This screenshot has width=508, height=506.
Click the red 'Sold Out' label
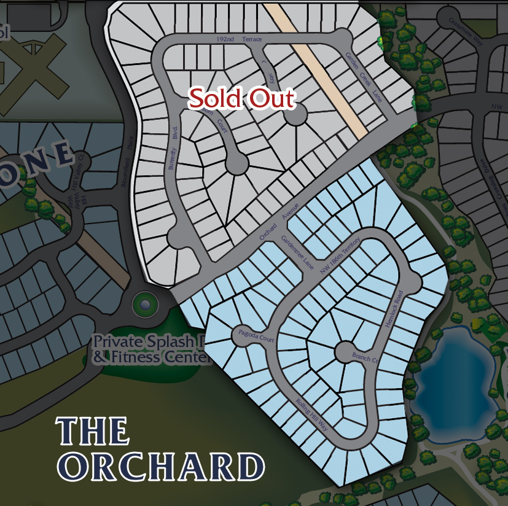pyautogui.click(x=241, y=98)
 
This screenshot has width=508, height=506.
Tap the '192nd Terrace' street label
pyautogui.click(x=240, y=39)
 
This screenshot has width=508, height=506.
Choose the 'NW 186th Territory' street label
pyautogui.click(x=341, y=256)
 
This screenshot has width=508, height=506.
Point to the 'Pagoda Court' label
pyautogui.click(x=254, y=335)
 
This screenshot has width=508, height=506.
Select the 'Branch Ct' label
pyautogui.click(x=364, y=357)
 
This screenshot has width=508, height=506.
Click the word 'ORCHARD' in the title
pyautogui.click(x=161, y=467)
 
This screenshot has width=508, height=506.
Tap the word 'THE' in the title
pyautogui.click(x=93, y=432)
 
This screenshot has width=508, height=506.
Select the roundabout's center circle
pyautogui.click(x=145, y=304)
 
